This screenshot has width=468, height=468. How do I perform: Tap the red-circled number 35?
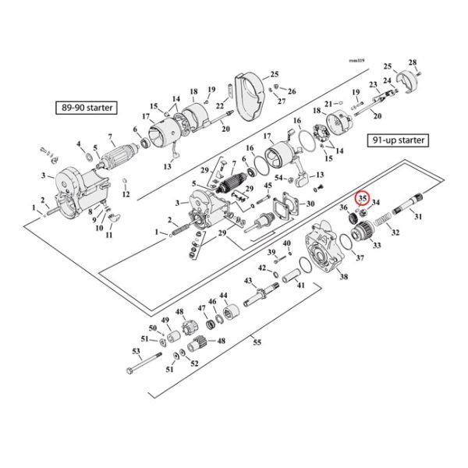(x=363, y=199)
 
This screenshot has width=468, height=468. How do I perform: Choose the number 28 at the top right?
(x=413, y=62)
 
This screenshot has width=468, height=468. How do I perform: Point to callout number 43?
(x=248, y=280)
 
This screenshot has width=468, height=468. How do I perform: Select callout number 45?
(x=268, y=186)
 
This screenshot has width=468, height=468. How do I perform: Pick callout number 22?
(x=220, y=106)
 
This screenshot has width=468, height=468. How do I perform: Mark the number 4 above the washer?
(x=79, y=144)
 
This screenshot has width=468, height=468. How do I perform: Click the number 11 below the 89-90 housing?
(x=109, y=235)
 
